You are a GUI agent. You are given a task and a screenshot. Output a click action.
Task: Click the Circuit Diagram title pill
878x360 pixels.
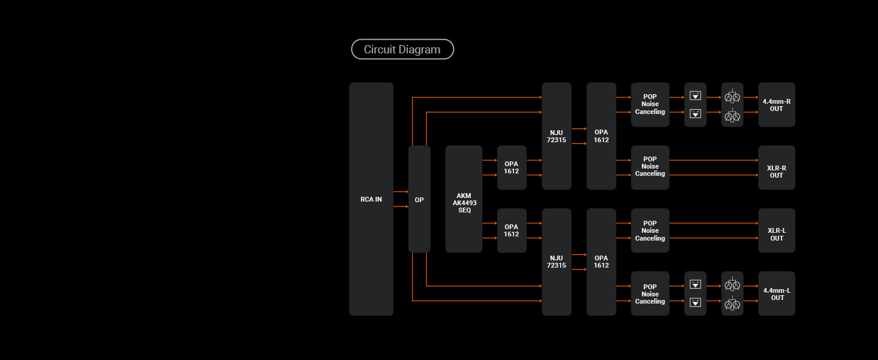[402, 49]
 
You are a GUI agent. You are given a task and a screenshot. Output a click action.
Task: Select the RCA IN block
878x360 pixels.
[371, 199]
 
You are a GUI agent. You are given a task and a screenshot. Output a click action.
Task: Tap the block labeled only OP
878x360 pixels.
[419, 199]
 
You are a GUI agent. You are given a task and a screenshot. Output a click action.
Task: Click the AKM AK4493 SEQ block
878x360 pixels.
[464, 199]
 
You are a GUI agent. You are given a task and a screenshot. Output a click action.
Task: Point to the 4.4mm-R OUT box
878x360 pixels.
[777, 105]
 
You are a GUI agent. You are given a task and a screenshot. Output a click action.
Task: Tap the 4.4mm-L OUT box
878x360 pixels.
[777, 294]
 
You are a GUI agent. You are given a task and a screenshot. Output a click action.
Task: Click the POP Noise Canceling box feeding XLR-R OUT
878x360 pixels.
[650, 167]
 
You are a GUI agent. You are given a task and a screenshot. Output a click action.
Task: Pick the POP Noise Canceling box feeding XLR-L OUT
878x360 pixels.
[650, 230]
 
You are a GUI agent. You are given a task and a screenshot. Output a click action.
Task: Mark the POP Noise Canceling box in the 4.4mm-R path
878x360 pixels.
[650, 104]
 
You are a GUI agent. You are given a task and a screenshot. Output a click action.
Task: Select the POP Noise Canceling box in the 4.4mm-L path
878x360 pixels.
[650, 294]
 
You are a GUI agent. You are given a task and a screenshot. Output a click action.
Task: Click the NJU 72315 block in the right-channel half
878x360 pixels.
[557, 136]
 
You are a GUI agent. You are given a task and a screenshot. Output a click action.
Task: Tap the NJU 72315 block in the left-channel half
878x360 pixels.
[557, 262]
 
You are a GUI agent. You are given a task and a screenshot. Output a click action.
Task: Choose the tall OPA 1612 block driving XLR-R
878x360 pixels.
[602, 136]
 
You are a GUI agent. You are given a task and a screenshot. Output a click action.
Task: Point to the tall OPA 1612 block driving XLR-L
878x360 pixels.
[602, 262]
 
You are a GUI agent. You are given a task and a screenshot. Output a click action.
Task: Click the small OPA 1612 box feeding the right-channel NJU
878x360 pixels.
[512, 167]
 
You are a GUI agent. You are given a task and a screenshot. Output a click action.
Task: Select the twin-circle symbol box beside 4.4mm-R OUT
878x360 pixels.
[732, 105]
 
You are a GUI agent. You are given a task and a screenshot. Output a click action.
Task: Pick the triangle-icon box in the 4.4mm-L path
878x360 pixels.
[695, 293]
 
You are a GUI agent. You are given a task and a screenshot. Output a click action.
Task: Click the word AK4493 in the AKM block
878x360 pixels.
[465, 203]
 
